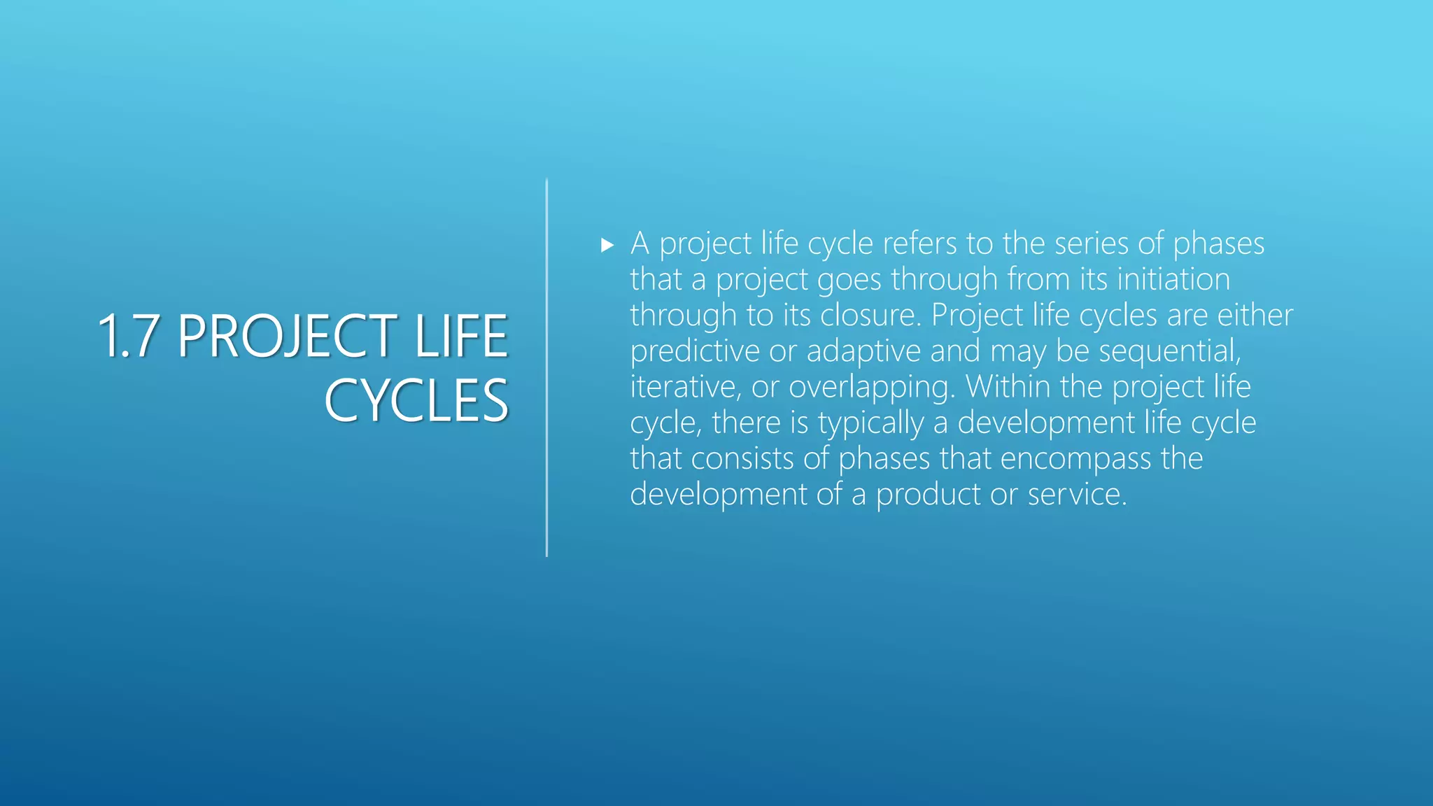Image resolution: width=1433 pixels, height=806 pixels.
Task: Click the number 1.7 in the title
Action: tap(127, 337)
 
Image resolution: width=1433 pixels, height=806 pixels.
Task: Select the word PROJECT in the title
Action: tap(287, 337)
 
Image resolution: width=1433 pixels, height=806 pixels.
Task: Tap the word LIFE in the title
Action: tap(461, 337)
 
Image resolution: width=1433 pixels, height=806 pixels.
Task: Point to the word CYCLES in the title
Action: tap(416, 401)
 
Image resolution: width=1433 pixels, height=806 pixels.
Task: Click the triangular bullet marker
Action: tap(607, 245)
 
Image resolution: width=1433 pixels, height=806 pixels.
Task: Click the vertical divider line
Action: tap(546, 368)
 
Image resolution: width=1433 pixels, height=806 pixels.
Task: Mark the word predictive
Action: tap(694, 351)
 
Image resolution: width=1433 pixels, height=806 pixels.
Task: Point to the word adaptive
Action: tap(863, 351)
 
